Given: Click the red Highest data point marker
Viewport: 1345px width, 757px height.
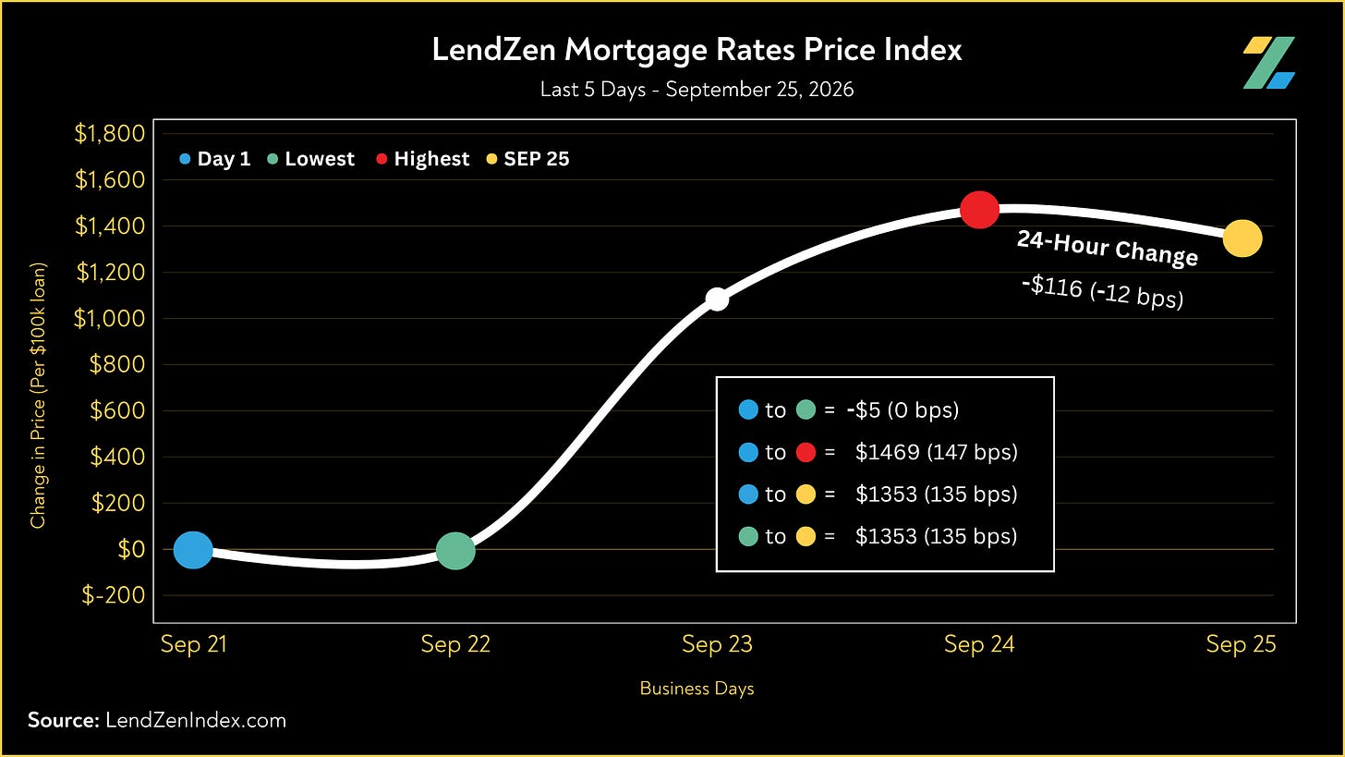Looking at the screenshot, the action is click(979, 211).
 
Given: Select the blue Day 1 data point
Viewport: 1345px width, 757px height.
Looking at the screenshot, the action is click(193, 550).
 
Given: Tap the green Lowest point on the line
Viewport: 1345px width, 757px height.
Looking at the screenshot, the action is click(455, 550).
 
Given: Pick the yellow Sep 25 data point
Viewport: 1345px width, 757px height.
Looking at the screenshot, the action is click(1242, 238).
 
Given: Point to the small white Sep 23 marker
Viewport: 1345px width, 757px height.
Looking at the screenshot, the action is click(717, 299).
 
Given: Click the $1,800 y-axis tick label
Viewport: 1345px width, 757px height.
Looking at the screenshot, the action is click(110, 133).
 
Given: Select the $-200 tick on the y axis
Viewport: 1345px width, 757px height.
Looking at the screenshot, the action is click(114, 595).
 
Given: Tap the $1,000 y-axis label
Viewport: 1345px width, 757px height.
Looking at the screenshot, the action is click(109, 318).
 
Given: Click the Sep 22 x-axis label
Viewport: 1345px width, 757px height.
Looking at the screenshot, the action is click(455, 644).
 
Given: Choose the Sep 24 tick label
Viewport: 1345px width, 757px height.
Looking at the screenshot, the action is click(979, 644).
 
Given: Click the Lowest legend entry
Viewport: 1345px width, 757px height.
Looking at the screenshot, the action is click(311, 159).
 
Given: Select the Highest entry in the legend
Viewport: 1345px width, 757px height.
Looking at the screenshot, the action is click(423, 159).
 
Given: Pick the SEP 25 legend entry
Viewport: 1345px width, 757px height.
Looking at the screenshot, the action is click(527, 159).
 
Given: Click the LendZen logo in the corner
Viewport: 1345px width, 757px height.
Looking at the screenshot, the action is click(1268, 63).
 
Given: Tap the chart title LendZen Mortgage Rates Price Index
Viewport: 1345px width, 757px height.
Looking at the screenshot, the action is click(697, 49).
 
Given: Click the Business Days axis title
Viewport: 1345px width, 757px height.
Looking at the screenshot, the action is click(697, 688).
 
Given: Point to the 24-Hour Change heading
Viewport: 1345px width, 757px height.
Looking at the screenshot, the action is click(1108, 248).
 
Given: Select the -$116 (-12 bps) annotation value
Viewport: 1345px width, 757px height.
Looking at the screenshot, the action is click(1102, 292).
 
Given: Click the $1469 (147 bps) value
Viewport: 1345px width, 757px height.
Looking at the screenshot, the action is click(937, 452).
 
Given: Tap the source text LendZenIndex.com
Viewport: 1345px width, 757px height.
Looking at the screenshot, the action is click(196, 720).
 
